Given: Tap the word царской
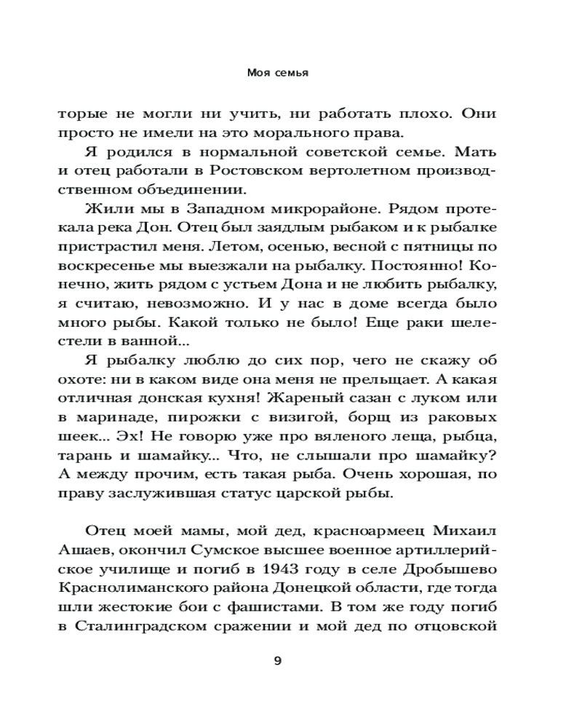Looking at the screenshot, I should pos(324,494).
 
